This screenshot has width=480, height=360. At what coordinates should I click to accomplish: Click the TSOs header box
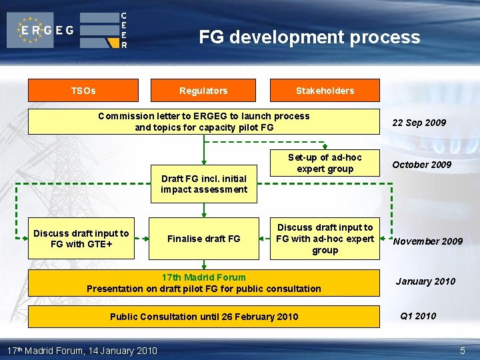click(x=83, y=91)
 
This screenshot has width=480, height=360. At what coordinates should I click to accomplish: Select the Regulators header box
click(x=203, y=91)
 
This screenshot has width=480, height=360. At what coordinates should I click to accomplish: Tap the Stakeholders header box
click(x=325, y=91)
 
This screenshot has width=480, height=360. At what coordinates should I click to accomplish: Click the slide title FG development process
click(x=309, y=37)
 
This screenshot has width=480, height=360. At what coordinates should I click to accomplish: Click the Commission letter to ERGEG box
click(x=203, y=121)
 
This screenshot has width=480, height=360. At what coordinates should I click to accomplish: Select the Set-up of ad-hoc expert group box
click(x=325, y=163)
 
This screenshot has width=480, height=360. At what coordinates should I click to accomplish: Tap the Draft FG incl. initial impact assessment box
click(x=203, y=183)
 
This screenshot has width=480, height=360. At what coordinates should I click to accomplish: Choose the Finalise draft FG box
click(x=203, y=239)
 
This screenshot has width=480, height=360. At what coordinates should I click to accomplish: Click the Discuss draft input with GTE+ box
click(x=81, y=239)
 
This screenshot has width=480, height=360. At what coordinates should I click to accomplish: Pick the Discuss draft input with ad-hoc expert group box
click(x=325, y=239)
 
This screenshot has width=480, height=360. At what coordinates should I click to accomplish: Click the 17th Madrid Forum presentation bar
click(x=203, y=283)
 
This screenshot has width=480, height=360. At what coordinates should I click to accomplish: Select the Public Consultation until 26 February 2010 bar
click(x=203, y=317)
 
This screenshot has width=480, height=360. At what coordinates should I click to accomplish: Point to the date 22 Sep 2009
click(x=419, y=123)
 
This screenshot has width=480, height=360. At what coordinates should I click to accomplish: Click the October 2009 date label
click(x=421, y=165)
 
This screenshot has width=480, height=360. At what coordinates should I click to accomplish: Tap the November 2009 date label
click(x=427, y=241)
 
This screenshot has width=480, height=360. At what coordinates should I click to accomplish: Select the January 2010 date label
click(x=425, y=281)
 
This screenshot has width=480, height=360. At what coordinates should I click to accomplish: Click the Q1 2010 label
click(x=418, y=316)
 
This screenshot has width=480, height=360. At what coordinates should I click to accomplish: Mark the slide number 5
click(x=463, y=351)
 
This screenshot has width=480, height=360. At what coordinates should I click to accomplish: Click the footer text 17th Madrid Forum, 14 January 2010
click(x=81, y=351)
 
